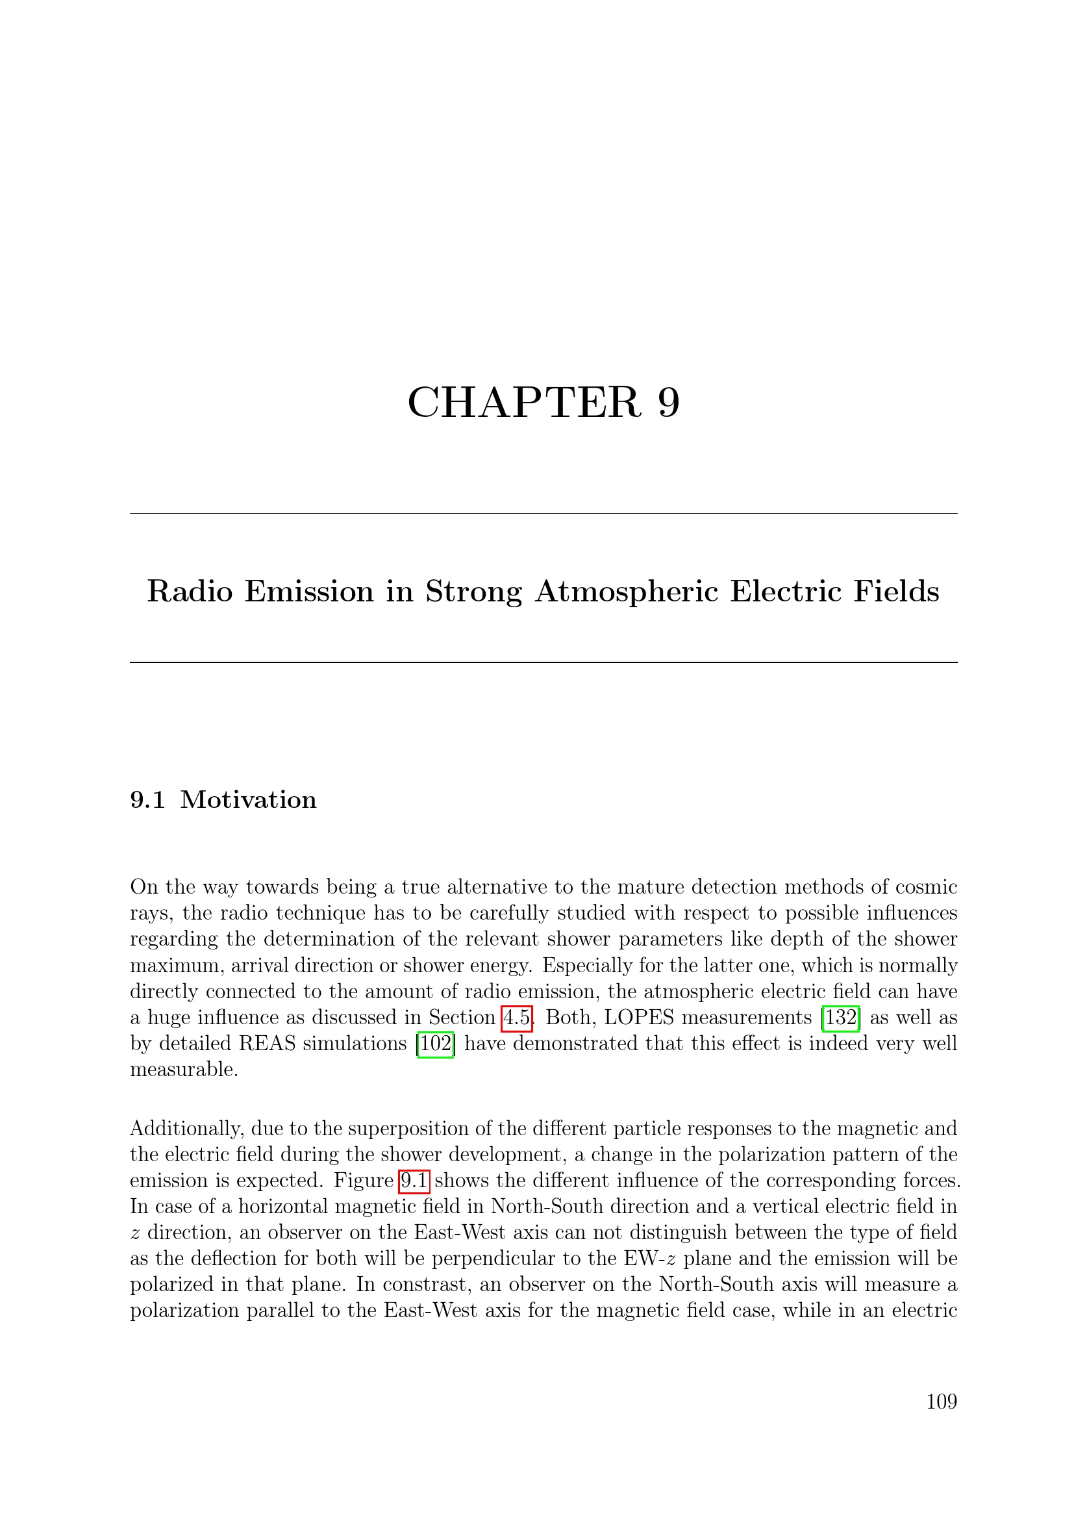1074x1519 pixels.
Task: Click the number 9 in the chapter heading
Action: (x=669, y=402)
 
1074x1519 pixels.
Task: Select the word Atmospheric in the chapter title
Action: (x=626, y=591)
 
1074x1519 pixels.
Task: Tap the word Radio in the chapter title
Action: (x=190, y=591)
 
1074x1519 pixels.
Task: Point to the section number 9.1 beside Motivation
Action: (x=147, y=800)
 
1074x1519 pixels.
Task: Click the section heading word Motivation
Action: (x=249, y=800)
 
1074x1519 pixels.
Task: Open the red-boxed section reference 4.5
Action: (x=517, y=1017)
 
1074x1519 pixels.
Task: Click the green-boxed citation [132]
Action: (x=840, y=1017)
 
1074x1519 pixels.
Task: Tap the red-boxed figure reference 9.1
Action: (x=415, y=1181)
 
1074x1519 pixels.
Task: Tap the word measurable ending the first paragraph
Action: (x=183, y=1069)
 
